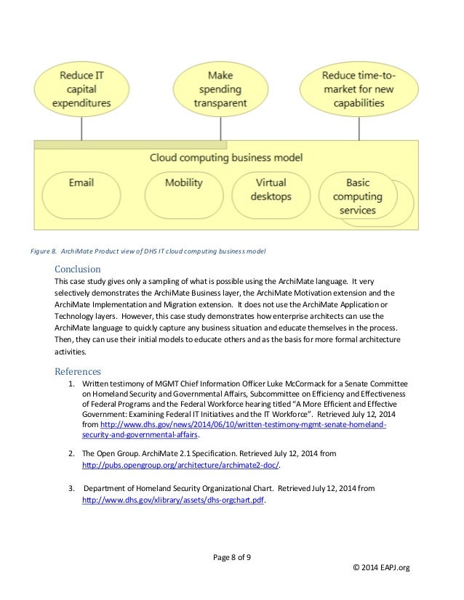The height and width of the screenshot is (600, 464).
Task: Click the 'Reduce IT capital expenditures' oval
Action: [81, 89]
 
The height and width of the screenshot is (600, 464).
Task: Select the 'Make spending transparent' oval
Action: [220, 89]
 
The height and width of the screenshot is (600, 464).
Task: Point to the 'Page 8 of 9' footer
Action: [232, 556]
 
